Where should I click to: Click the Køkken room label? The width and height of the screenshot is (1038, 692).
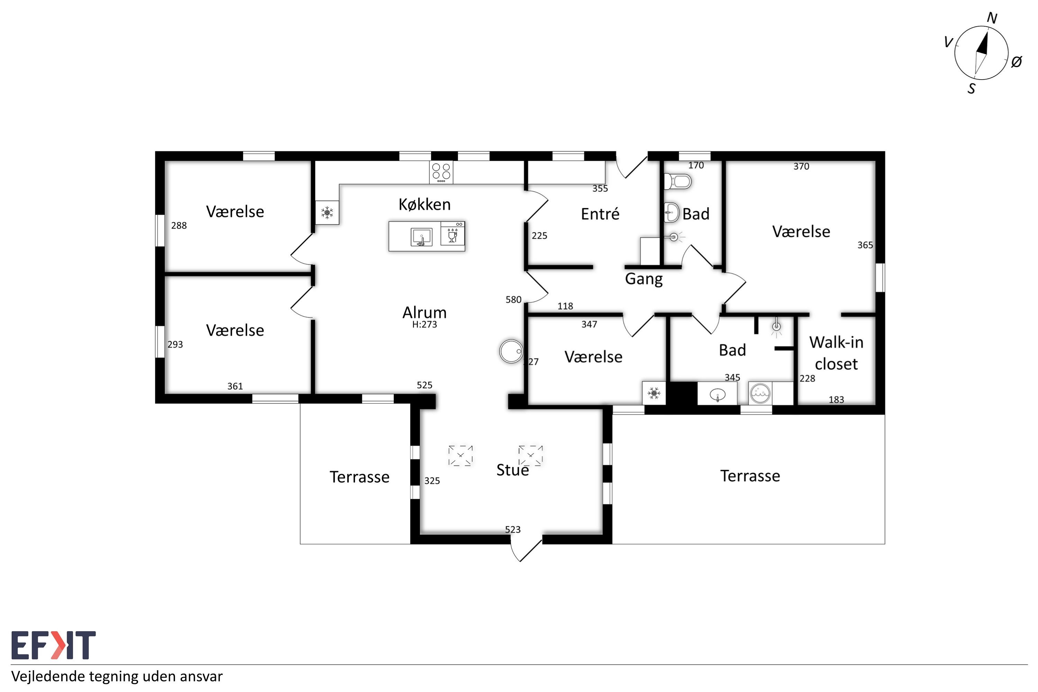[x=425, y=204]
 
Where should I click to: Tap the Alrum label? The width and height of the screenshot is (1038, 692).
[x=425, y=312]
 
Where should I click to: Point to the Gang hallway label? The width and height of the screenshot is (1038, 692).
[x=644, y=279]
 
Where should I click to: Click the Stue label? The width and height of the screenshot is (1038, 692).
[x=512, y=470]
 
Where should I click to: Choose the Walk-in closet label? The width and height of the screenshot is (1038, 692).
[x=836, y=353]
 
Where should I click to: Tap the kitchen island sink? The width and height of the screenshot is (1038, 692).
[x=421, y=237]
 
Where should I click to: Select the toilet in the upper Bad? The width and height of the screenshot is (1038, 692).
[x=678, y=181]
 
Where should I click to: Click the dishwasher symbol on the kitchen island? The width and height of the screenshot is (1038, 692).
[x=452, y=234]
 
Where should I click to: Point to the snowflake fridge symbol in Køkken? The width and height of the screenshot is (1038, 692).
[x=327, y=213]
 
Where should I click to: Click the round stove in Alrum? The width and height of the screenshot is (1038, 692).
[x=511, y=351]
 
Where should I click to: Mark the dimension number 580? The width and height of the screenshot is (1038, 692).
[x=513, y=300]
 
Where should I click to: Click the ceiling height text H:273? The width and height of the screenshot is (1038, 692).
[x=425, y=325]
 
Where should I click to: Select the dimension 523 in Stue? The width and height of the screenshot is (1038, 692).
[x=513, y=530]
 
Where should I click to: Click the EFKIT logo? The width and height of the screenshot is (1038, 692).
[x=53, y=645]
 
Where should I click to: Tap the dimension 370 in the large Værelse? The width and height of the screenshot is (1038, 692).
[x=801, y=166]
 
